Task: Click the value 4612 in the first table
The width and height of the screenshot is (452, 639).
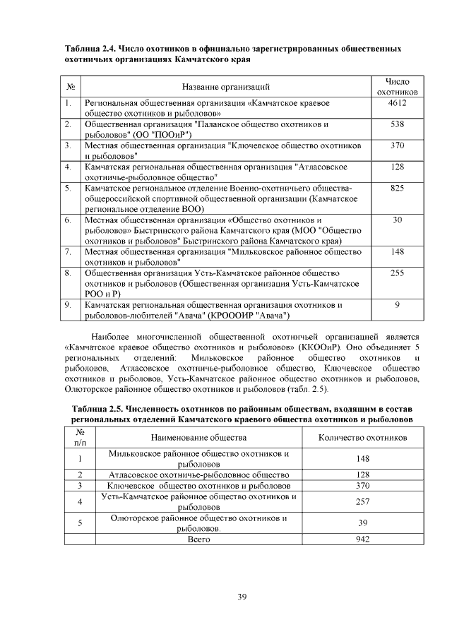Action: click(x=397, y=103)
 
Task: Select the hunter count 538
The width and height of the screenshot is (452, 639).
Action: click(x=397, y=124)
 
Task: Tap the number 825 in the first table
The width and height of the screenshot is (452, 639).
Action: click(x=397, y=189)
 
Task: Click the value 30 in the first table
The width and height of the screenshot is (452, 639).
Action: click(x=397, y=220)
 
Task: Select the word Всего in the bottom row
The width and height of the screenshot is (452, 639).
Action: click(x=199, y=539)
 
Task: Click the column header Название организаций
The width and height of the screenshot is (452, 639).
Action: click(x=226, y=87)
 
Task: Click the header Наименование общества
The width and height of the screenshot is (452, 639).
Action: click(x=198, y=438)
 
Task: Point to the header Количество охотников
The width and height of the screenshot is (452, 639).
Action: click(x=362, y=438)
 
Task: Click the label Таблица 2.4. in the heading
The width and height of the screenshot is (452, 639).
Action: click(x=90, y=49)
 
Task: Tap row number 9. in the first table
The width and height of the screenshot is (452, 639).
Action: click(x=68, y=305)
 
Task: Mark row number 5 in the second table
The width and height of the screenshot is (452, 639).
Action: click(x=81, y=522)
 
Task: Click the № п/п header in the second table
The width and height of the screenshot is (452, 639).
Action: click(x=81, y=438)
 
